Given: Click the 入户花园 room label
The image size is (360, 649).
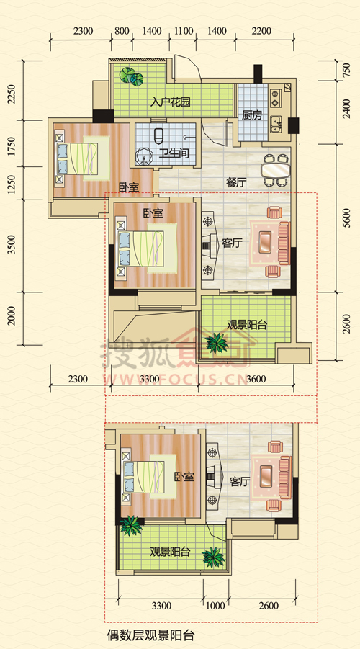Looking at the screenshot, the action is point(171,102).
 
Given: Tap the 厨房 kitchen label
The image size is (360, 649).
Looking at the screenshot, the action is point(252,115).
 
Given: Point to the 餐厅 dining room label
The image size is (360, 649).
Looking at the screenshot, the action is point(237,183).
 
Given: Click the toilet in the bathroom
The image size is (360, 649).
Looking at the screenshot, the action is point(158,135).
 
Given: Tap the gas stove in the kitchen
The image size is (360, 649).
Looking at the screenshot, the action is point(275,98).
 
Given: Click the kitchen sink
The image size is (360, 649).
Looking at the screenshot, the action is point(276,122).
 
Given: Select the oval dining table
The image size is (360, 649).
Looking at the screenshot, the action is point(276,170).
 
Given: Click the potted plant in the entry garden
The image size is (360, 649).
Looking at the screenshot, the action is point(131,76).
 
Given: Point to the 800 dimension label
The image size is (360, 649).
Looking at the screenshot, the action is point(122,31).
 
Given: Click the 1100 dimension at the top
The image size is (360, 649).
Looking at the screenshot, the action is point(183,31).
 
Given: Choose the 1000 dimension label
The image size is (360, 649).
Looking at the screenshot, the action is point(215,606).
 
